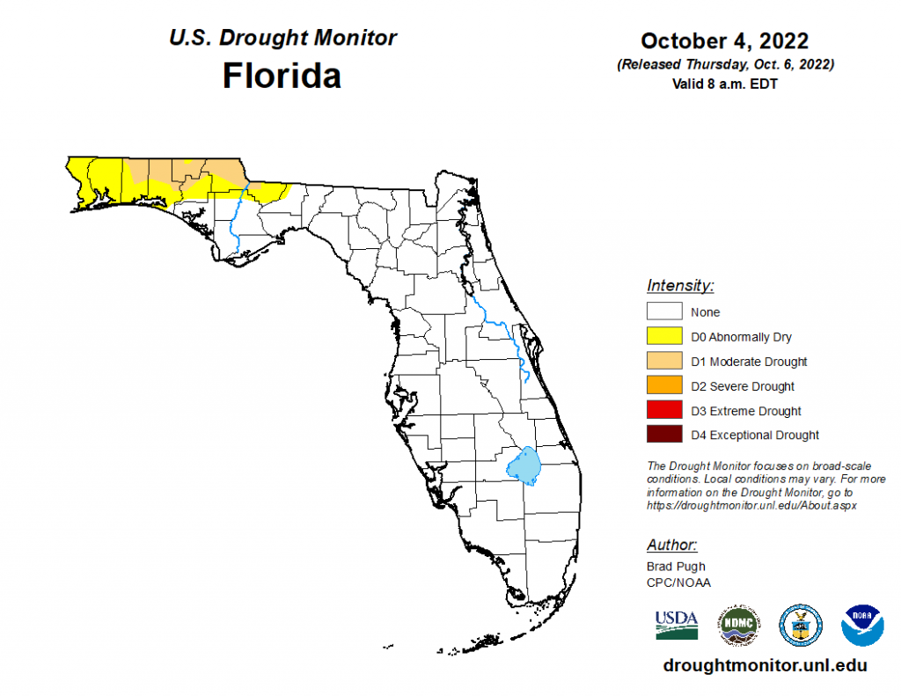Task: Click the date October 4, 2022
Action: point(724,40)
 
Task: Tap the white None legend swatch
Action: point(665,311)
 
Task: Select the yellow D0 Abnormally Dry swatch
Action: point(665,336)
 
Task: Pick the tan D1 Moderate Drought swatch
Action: point(665,361)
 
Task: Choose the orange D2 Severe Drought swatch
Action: point(665,385)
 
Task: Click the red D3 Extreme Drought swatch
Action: point(665,410)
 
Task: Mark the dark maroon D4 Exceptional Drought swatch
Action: point(665,435)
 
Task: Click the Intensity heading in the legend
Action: point(680,285)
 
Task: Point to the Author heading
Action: point(672,544)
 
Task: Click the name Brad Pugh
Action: point(676,566)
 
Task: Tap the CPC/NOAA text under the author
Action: point(678,582)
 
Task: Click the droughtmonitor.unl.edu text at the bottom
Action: point(765,666)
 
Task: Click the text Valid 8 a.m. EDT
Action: point(724,84)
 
